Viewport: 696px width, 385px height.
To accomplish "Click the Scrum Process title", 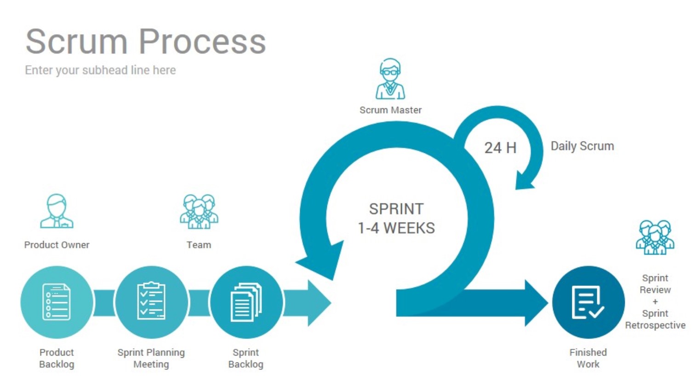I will tap(145, 41).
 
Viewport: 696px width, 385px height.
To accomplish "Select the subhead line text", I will tap(100, 70).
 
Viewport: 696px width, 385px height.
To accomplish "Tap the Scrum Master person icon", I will tap(390, 79).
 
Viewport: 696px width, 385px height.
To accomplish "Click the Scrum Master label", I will tap(390, 110).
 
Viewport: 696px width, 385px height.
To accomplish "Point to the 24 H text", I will tap(500, 148).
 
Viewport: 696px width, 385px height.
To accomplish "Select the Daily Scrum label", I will tap(582, 146).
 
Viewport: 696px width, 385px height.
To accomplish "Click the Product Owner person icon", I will tap(57, 211).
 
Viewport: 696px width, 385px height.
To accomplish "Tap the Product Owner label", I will tap(57, 245).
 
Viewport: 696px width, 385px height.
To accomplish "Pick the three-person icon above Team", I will tap(199, 211).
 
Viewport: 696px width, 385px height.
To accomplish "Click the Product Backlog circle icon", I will tap(57, 302).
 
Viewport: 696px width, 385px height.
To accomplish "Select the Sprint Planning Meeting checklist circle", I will tap(151, 302).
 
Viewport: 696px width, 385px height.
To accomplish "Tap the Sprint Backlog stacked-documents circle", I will tap(246, 302).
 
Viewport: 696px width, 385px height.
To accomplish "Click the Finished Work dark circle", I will tap(588, 302).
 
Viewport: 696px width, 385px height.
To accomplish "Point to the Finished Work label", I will tap(588, 358).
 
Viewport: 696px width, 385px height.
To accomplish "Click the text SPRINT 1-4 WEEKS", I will tap(396, 218).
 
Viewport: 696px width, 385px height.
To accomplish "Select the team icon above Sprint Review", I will tap(655, 237).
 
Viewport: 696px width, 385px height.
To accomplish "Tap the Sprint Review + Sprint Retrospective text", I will tap(655, 302).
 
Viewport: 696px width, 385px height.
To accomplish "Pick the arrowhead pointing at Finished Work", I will tap(536, 303).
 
